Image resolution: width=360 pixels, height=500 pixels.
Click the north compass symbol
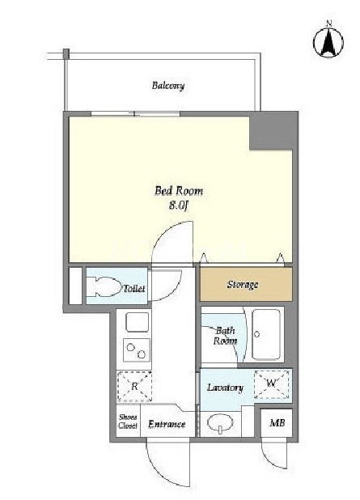tap(328, 41)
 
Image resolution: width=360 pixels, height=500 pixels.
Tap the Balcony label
tap(168, 86)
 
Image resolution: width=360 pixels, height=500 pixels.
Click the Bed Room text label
tap(179, 191)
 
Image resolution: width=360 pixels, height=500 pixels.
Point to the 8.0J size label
tap(179, 206)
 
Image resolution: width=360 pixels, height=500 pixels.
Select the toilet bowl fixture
tap(103, 286)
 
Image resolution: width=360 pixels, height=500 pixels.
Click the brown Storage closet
tap(246, 284)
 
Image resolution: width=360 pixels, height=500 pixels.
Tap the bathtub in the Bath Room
tap(266, 334)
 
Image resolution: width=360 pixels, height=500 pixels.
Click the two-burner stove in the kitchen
tap(136, 350)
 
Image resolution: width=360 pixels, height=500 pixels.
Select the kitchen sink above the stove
tap(137, 322)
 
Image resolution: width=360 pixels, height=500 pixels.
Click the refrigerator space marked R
tap(134, 386)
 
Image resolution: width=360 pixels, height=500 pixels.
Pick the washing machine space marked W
tap(271, 383)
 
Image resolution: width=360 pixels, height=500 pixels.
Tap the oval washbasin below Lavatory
tap(220, 423)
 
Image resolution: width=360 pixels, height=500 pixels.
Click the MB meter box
tap(277, 423)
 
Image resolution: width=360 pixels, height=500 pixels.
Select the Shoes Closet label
tap(128, 422)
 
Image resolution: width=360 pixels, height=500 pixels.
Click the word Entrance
tap(167, 424)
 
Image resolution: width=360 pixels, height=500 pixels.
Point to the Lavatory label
tap(225, 388)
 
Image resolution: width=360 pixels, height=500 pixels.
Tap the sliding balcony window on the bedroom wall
tap(136, 114)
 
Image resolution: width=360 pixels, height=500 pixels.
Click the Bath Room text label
tap(225, 336)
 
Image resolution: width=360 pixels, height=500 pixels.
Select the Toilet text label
tap(134, 289)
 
